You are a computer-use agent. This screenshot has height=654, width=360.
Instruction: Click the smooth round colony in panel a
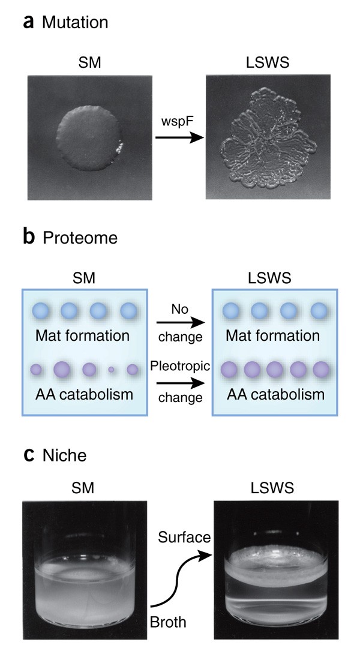tap(91, 137)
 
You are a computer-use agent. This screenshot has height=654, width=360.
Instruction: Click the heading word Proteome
tap(80, 238)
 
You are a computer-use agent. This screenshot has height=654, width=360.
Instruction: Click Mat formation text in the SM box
tap(82, 335)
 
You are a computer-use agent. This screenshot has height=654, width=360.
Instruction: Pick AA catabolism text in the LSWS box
tap(275, 394)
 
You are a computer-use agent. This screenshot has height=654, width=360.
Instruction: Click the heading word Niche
tap(65, 455)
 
